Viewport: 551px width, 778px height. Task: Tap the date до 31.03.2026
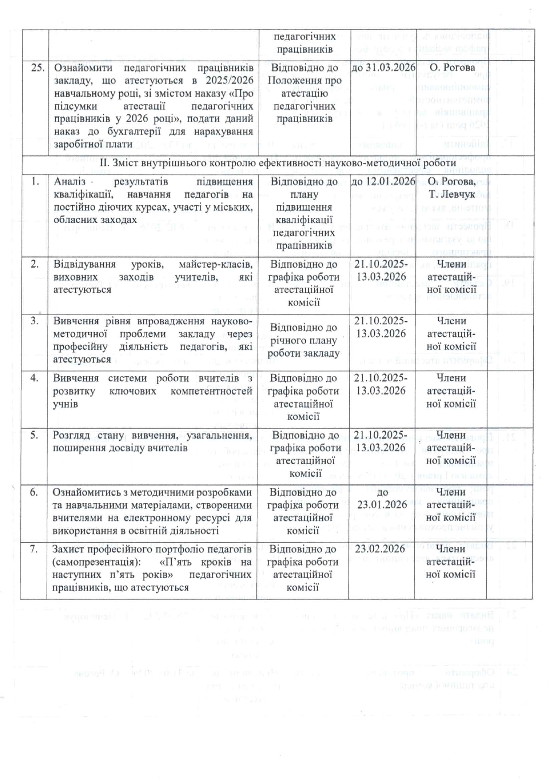(x=383, y=67)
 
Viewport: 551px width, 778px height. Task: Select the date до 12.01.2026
(x=383, y=181)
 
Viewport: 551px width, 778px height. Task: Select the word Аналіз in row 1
(x=68, y=182)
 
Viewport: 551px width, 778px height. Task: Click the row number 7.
(x=34, y=549)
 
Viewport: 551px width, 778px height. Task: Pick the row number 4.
(x=35, y=378)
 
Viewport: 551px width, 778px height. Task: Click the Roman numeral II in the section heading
(x=104, y=163)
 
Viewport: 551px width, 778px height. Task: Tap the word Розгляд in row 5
(x=71, y=435)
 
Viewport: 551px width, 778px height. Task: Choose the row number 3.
(x=35, y=321)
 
